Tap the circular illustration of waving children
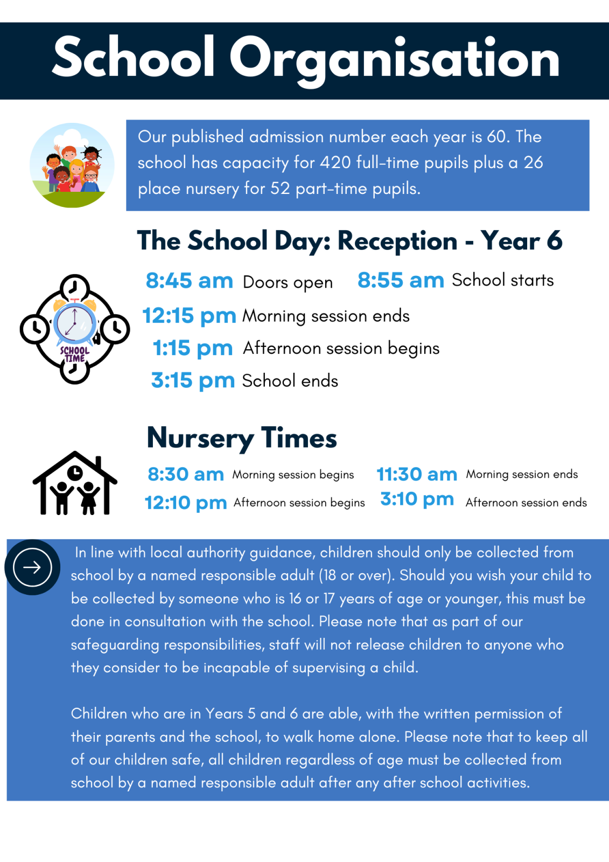pos(72,165)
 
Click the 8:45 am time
pos(189,281)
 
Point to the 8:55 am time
pos(401,281)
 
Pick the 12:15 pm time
pos(189,316)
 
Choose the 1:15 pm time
pos(192,349)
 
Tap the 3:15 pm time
pos(193,381)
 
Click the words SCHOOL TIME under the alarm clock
pos(75,354)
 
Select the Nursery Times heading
pos(242,438)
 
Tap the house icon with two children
pos(75,483)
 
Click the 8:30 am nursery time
pos(186,475)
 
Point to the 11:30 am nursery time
pos(417,475)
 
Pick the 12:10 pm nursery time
pos(186,503)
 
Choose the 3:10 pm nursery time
pos(417,499)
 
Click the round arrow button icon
pos(32,567)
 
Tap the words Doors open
pos(288,282)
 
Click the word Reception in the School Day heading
pos(397,241)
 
